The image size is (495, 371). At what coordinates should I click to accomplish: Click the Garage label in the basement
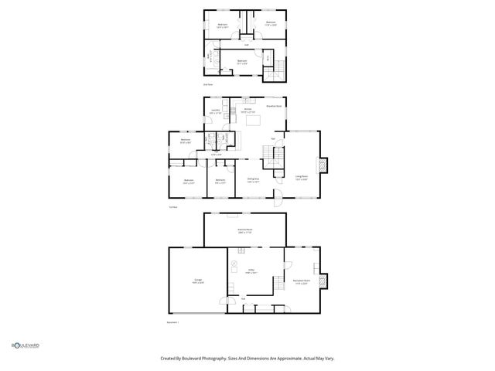197,282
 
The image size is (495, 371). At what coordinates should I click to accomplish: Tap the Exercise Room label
245,231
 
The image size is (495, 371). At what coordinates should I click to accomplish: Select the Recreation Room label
302,281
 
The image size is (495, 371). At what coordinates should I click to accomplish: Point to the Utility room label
251,271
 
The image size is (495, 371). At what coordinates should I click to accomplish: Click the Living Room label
302,177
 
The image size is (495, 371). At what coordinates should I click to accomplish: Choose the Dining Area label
253,181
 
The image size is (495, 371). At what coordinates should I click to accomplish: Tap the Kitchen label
248,110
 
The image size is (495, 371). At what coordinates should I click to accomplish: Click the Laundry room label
215,112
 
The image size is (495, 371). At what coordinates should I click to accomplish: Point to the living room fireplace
323,165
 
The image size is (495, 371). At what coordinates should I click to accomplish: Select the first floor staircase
271,158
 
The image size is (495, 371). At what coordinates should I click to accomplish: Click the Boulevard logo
25,345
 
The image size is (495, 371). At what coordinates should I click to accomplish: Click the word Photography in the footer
209,358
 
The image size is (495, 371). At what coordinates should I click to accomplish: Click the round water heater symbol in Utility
239,251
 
